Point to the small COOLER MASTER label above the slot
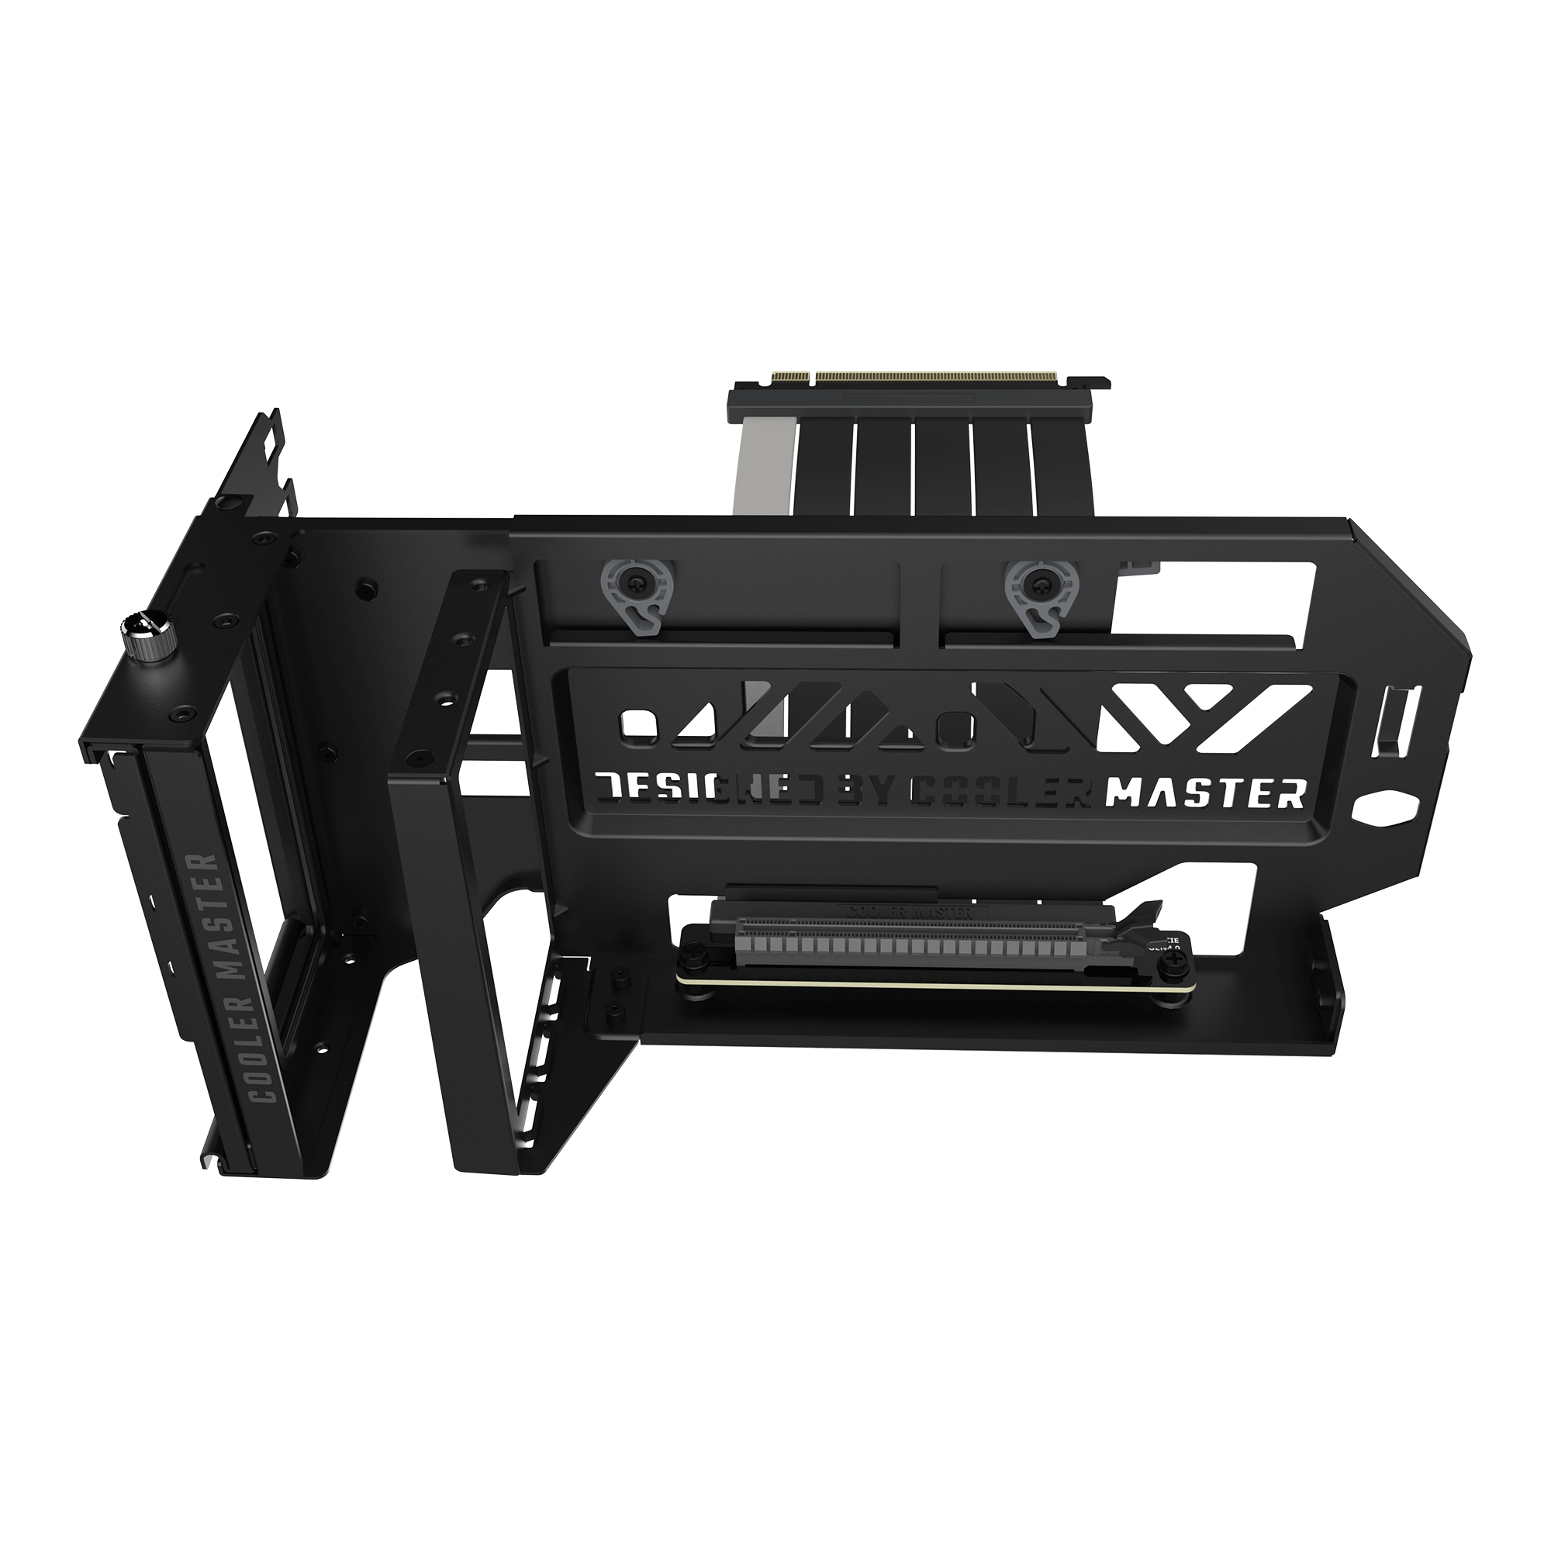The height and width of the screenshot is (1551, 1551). (910, 911)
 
